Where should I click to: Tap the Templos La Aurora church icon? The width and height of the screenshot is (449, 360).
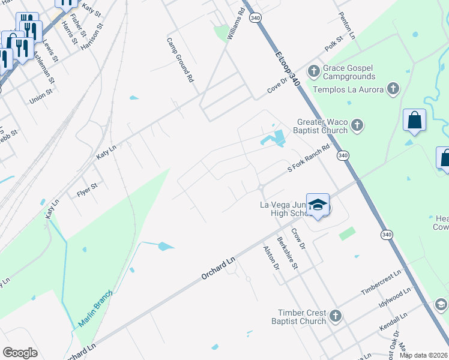pyautogui.click(x=393, y=90)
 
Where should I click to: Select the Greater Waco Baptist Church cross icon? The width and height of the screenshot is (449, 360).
pyautogui.click(x=357, y=125)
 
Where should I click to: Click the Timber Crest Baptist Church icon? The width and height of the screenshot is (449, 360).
pyautogui.click(x=336, y=316)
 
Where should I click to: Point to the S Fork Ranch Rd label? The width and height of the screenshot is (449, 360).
pyautogui.click(x=309, y=159)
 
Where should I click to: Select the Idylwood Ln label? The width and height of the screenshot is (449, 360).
pyautogui.click(x=395, y=298)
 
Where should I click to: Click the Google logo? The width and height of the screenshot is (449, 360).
pyautogui.click(x=20, y=353)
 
